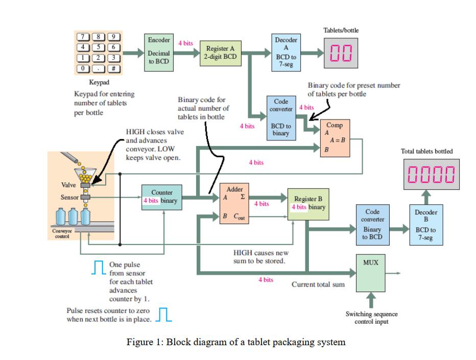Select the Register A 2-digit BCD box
click(220, 53)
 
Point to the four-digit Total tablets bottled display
click(430, 174)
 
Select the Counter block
click(162, 197)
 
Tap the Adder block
click(234, 203)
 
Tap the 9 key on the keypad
click(114, 36)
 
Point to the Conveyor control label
click(62, 233)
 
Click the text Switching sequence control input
click(371, 317)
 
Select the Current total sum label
click(318, 284)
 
